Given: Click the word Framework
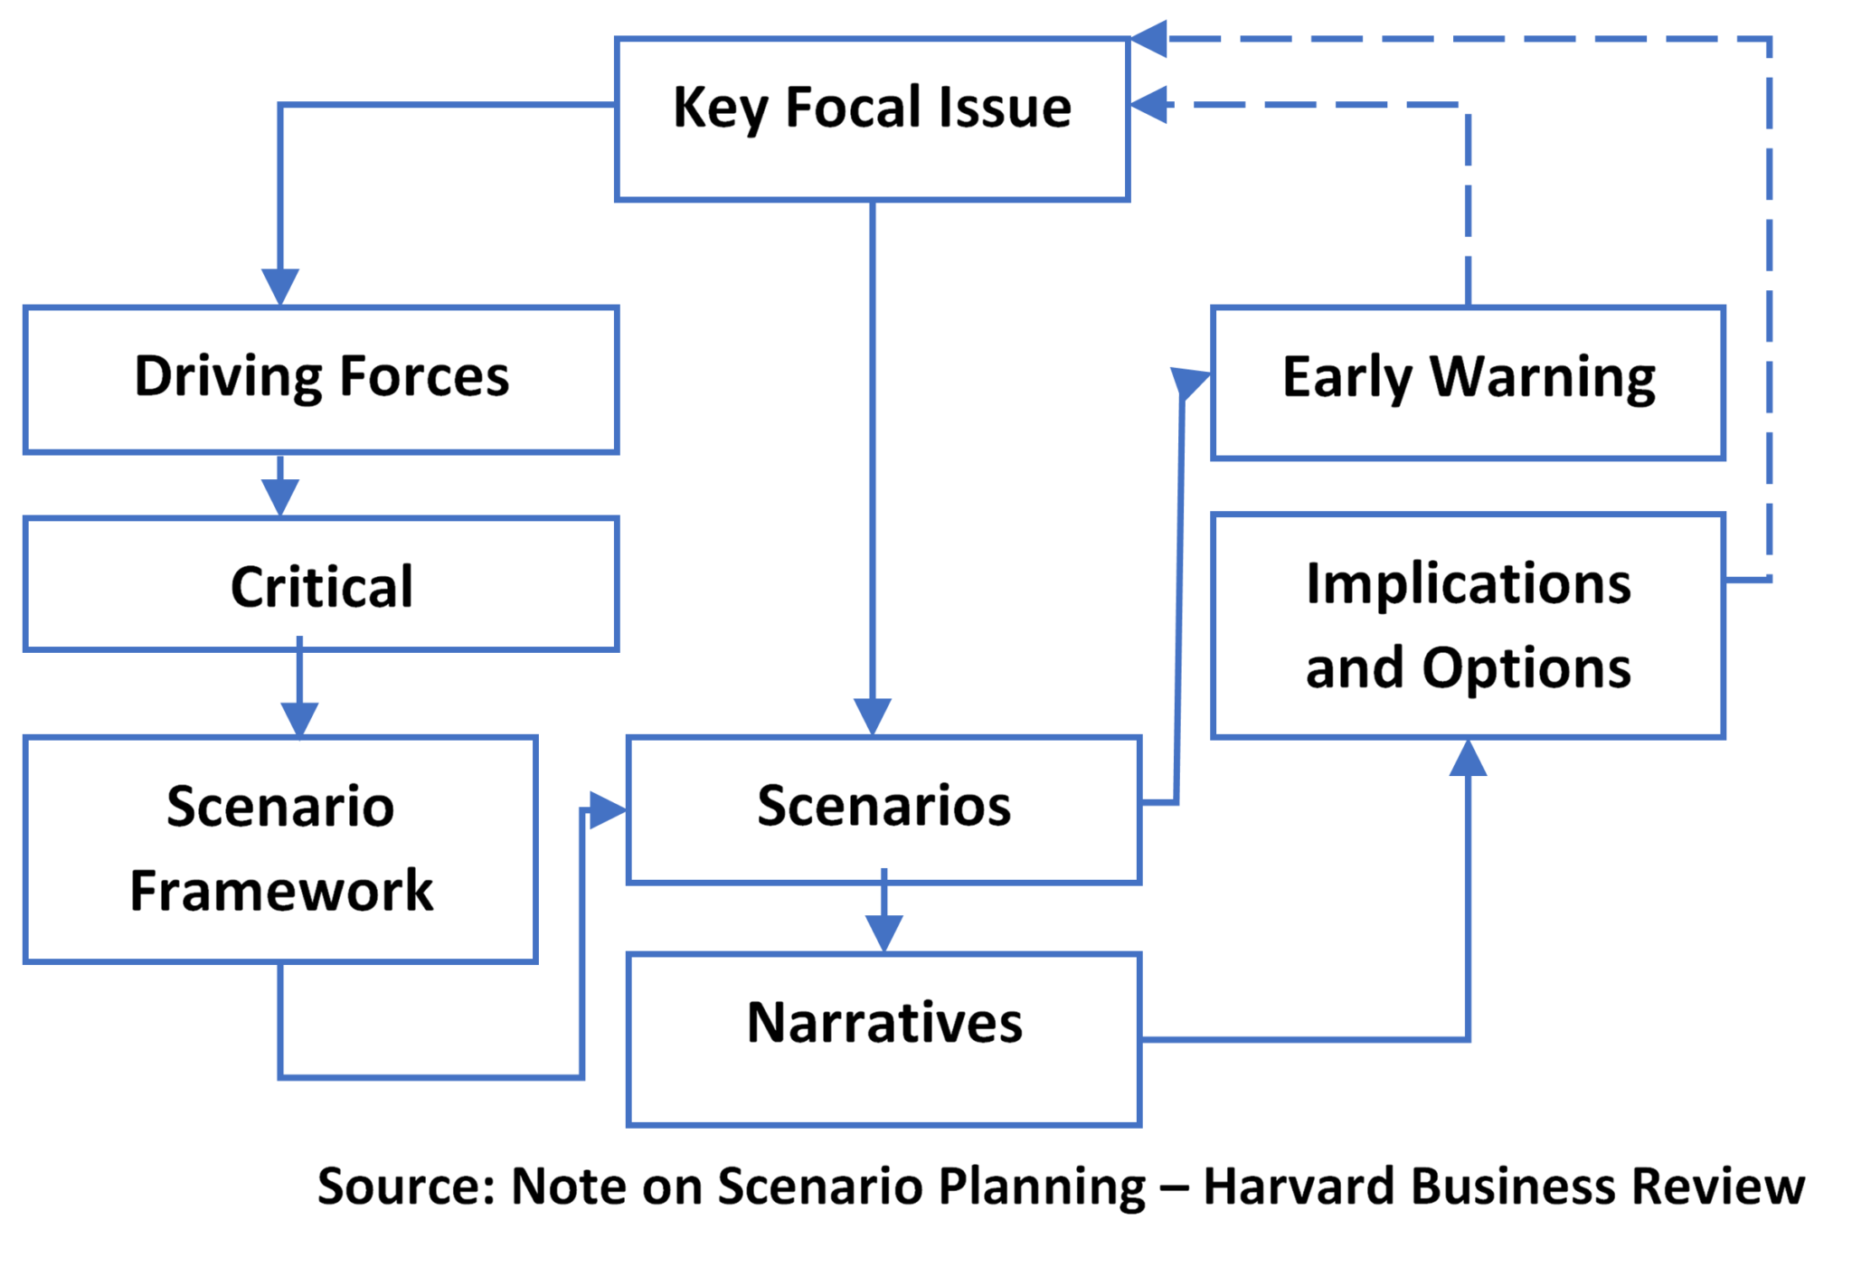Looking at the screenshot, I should [x=281, y=891].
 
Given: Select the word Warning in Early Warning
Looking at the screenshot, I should [x=1543, y=377].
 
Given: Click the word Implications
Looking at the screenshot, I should [x=1469, y=584].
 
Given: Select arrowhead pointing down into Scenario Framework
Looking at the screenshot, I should [x=299, y=719].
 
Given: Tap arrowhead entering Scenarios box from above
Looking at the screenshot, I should [x=873, y=717].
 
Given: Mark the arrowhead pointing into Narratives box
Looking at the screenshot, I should [x=883, y=933].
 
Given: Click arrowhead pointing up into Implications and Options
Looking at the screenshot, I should [x=1468, y=760].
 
